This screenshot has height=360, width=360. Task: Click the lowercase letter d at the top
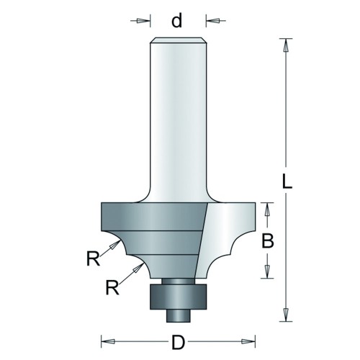point(177,20)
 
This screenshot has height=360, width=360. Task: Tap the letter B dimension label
point(268,241)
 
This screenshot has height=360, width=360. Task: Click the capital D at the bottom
point(178,343)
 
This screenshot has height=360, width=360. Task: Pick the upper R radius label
point(93,258)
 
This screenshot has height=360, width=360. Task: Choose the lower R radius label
point(112,287)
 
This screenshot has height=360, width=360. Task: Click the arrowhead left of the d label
point(142,21)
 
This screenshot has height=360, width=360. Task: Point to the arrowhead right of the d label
point(213,21)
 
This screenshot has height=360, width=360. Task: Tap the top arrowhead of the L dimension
point(286,45)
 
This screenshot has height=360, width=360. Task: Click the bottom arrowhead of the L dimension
point(286,315)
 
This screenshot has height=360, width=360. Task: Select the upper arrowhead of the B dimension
point(267,210)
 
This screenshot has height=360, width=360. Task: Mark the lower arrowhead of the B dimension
point(267,271)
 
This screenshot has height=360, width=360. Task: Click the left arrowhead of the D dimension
point(108,341)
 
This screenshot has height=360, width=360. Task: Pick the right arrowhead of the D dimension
point(248,341)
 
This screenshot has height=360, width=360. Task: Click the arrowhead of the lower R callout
point(138,268)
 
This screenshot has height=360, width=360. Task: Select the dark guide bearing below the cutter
point(178,297)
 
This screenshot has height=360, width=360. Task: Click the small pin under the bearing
point(178,315)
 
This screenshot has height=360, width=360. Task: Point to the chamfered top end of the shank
point(178,40)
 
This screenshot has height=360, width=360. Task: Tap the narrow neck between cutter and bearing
point(178,282)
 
